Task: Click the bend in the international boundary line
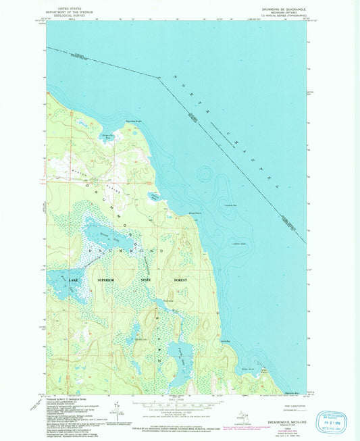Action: [x=160, y=79]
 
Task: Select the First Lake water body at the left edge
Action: [x=55, y=284]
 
